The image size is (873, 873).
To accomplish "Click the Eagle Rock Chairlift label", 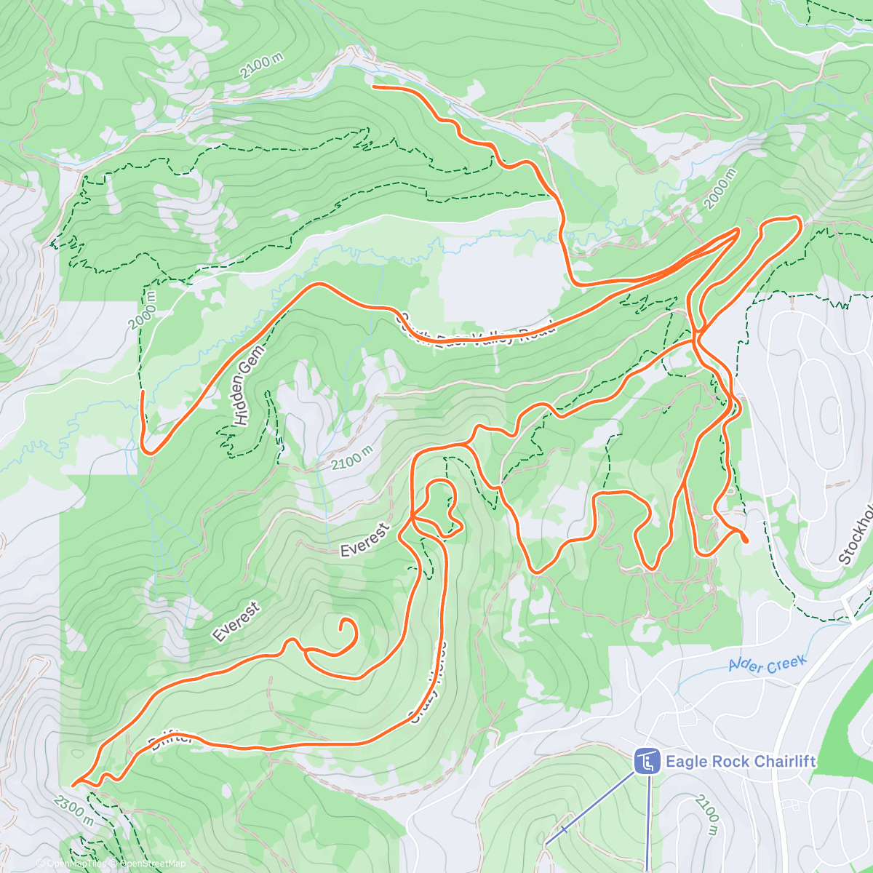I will (x=740, y=762).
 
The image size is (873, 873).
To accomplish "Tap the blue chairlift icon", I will (x=645, y=762).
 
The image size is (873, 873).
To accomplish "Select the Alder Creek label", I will (x=767, y=664).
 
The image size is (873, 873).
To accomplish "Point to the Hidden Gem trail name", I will (x=248, y=385).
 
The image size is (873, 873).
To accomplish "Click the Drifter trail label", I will (x=172, y=740).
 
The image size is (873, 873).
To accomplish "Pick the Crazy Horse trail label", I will (x=428, y=684).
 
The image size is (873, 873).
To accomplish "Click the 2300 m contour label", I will (x=73, y=809).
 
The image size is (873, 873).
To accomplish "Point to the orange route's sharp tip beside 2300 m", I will (x=73, y=785).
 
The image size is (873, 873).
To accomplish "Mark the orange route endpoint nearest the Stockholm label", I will (x=746, y=540).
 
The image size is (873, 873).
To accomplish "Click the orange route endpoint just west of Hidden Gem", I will (x=142, y=392).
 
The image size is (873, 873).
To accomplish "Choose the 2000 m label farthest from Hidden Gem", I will (x=720, y=189).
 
